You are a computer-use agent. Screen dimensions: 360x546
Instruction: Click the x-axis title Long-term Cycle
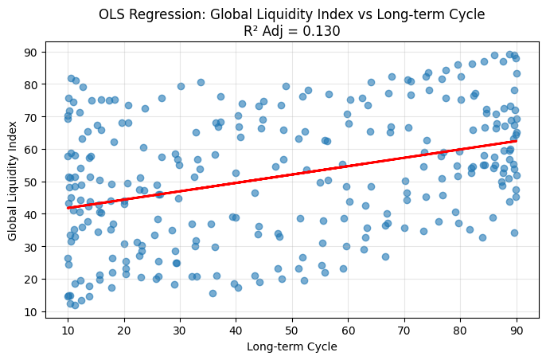292,346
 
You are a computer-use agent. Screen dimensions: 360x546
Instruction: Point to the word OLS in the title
112,14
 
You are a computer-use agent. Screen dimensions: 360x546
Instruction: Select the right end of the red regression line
517,141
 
